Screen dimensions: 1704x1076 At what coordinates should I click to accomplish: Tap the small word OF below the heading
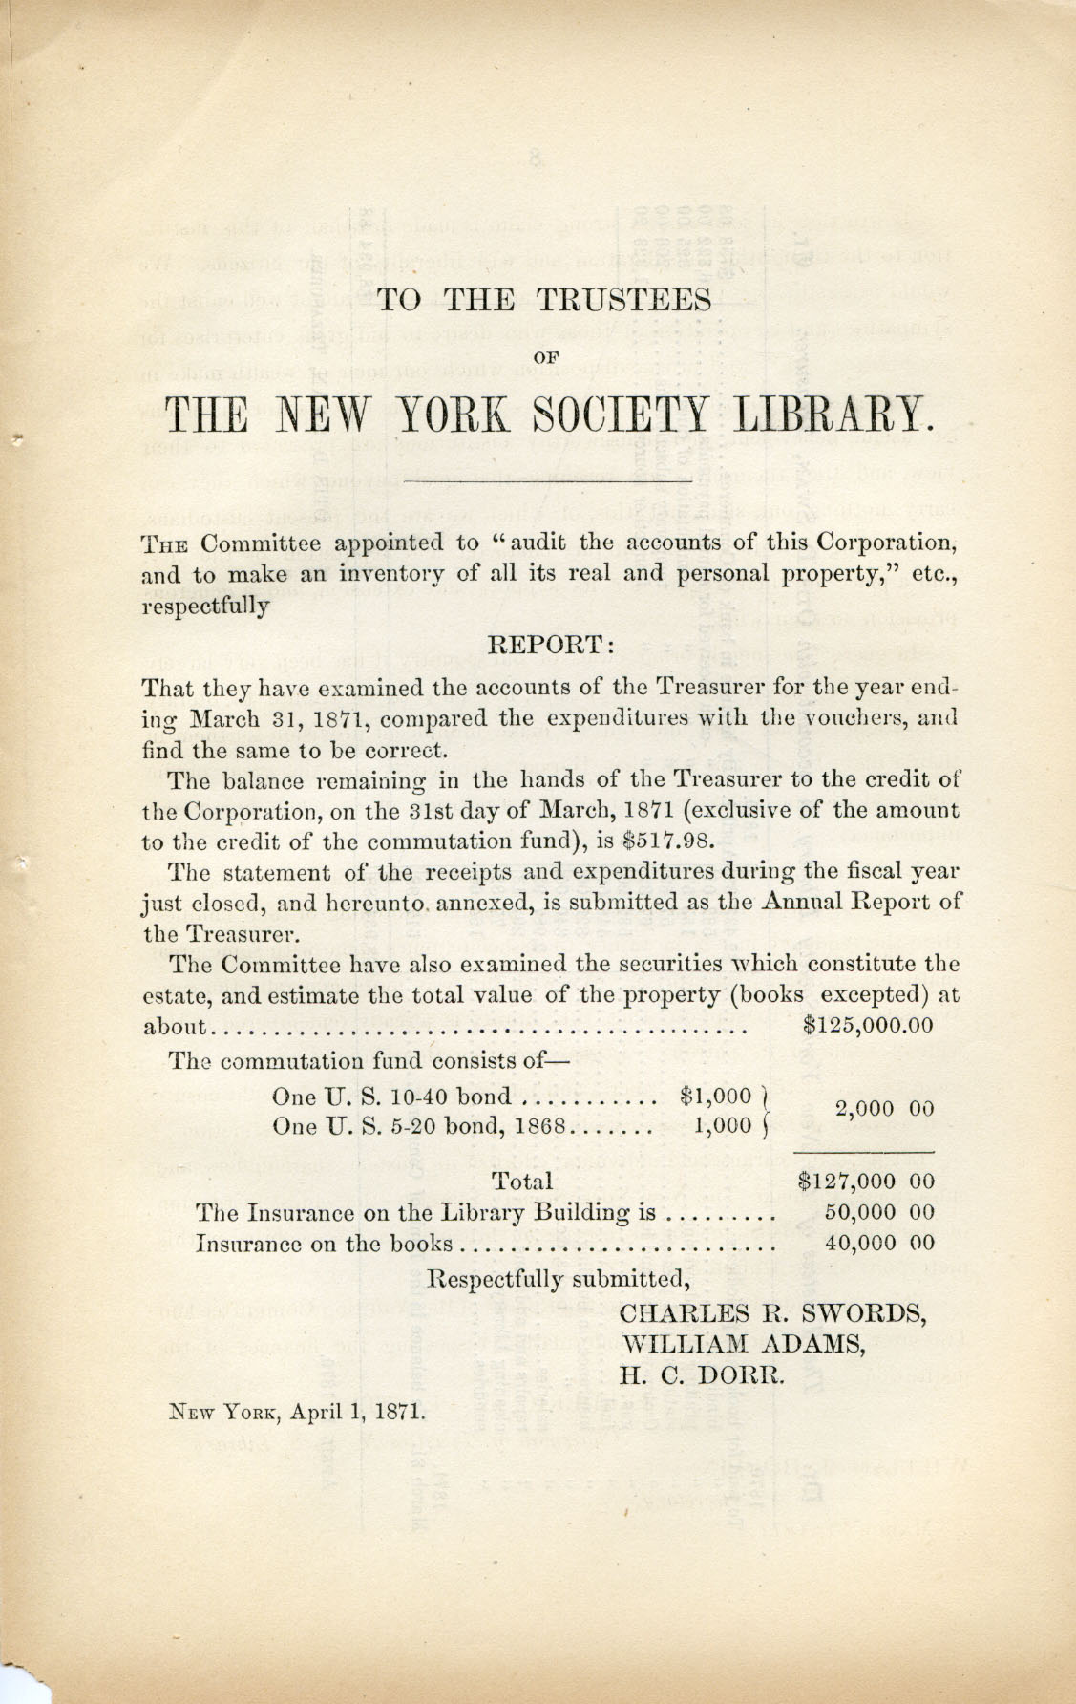[546, 355]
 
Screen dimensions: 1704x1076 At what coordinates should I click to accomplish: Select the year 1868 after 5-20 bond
[540, 1125]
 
